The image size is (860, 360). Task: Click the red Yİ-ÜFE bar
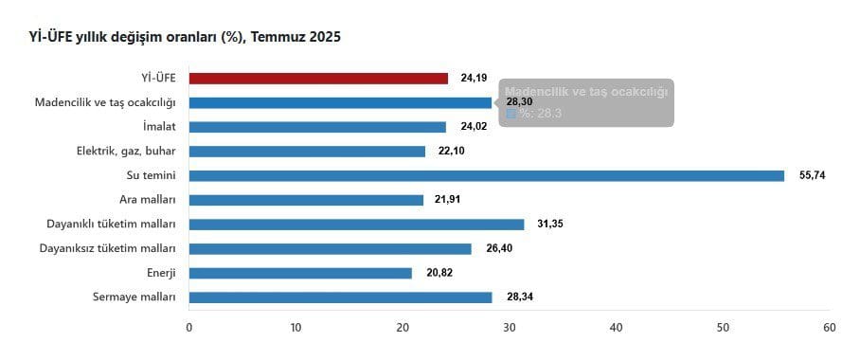click(318, 78)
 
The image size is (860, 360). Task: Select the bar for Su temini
click(487, 175)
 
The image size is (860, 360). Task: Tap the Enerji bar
click(300, 273)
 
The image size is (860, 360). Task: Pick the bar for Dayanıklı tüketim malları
click(356, 225)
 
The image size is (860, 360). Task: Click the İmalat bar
click(317, 127)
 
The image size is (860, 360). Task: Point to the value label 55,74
click(812, 175)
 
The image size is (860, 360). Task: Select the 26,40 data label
click(499, 248)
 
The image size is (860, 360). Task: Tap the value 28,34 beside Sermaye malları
click(520, 297)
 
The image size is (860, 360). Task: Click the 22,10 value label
click(452, 152)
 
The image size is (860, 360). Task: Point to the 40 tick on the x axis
click(616, 328)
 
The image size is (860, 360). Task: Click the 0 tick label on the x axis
click(189, 328)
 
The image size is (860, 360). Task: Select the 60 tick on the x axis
click(830, 328)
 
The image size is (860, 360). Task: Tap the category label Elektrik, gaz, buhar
click(125, 152)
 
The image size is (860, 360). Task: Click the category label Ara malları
click(148, 200)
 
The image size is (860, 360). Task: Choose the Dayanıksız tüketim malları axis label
click(108, 248)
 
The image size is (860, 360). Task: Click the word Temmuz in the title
click(278, 37)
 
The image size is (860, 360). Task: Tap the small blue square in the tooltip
click(511, 114)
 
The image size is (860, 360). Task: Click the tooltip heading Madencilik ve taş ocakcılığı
click(586, 92)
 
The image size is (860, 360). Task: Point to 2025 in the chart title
click(325, 37)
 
